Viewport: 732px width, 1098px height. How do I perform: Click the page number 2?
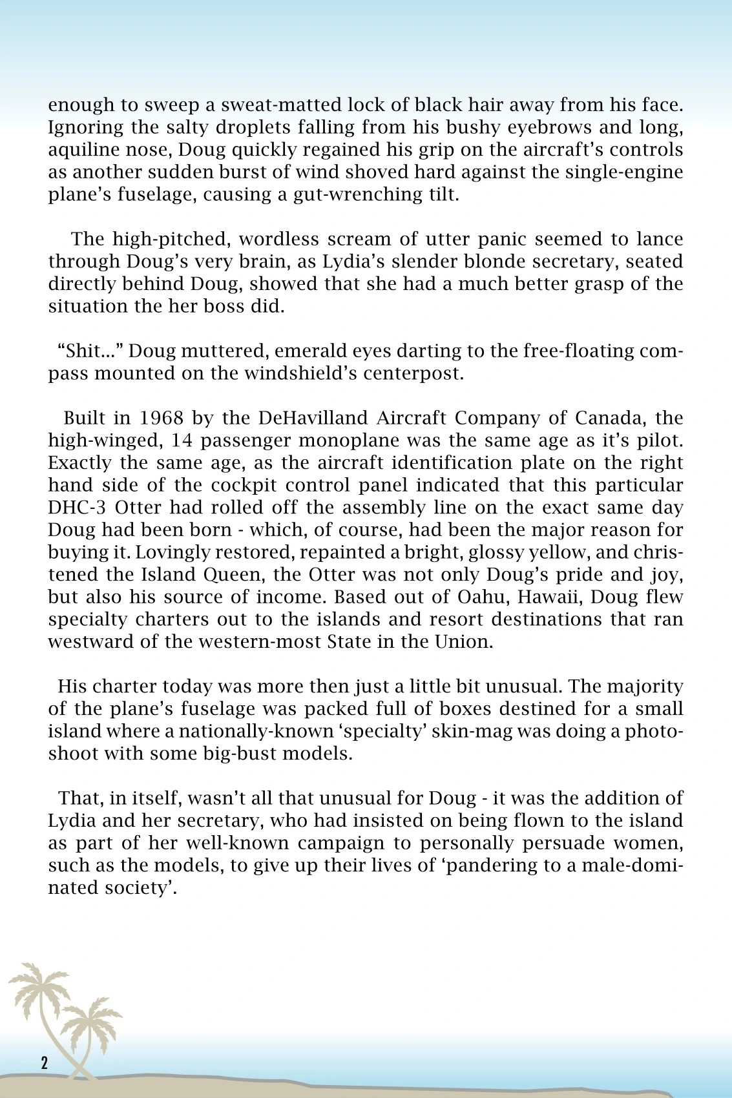point(44,1063)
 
